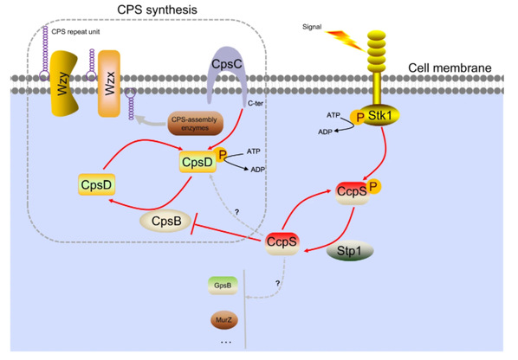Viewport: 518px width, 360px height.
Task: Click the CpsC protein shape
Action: pos(227,62)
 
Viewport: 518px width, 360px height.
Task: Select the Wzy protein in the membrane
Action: pos(64,83)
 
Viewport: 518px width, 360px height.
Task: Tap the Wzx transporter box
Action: pos(109,83)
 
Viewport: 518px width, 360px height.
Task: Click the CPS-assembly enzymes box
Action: pos(195,124)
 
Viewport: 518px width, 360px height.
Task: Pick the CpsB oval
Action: pos(165,221)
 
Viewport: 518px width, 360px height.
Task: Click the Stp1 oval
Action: pos(350,251)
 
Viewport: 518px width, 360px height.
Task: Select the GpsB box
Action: pos(223,286)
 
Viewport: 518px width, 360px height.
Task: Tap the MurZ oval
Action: pos(223,319)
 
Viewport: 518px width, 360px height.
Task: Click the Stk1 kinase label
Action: pos(380,115)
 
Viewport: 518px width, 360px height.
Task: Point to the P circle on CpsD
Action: pos(222,154)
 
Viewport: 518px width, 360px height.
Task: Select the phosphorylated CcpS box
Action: pos(353,193)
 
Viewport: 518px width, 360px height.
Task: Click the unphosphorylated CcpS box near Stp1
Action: pos(282,243)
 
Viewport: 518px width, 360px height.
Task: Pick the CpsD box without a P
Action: pos(96,184)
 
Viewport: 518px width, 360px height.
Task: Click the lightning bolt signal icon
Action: pos(346,41)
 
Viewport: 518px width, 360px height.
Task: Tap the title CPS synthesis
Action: pos(158,10)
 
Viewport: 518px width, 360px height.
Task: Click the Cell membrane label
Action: pos(450,67)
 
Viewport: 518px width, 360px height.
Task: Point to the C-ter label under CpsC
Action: pos(256,103)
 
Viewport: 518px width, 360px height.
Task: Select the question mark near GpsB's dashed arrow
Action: pos(278,283)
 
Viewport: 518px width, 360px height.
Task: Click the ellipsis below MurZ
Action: pos(226,343)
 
